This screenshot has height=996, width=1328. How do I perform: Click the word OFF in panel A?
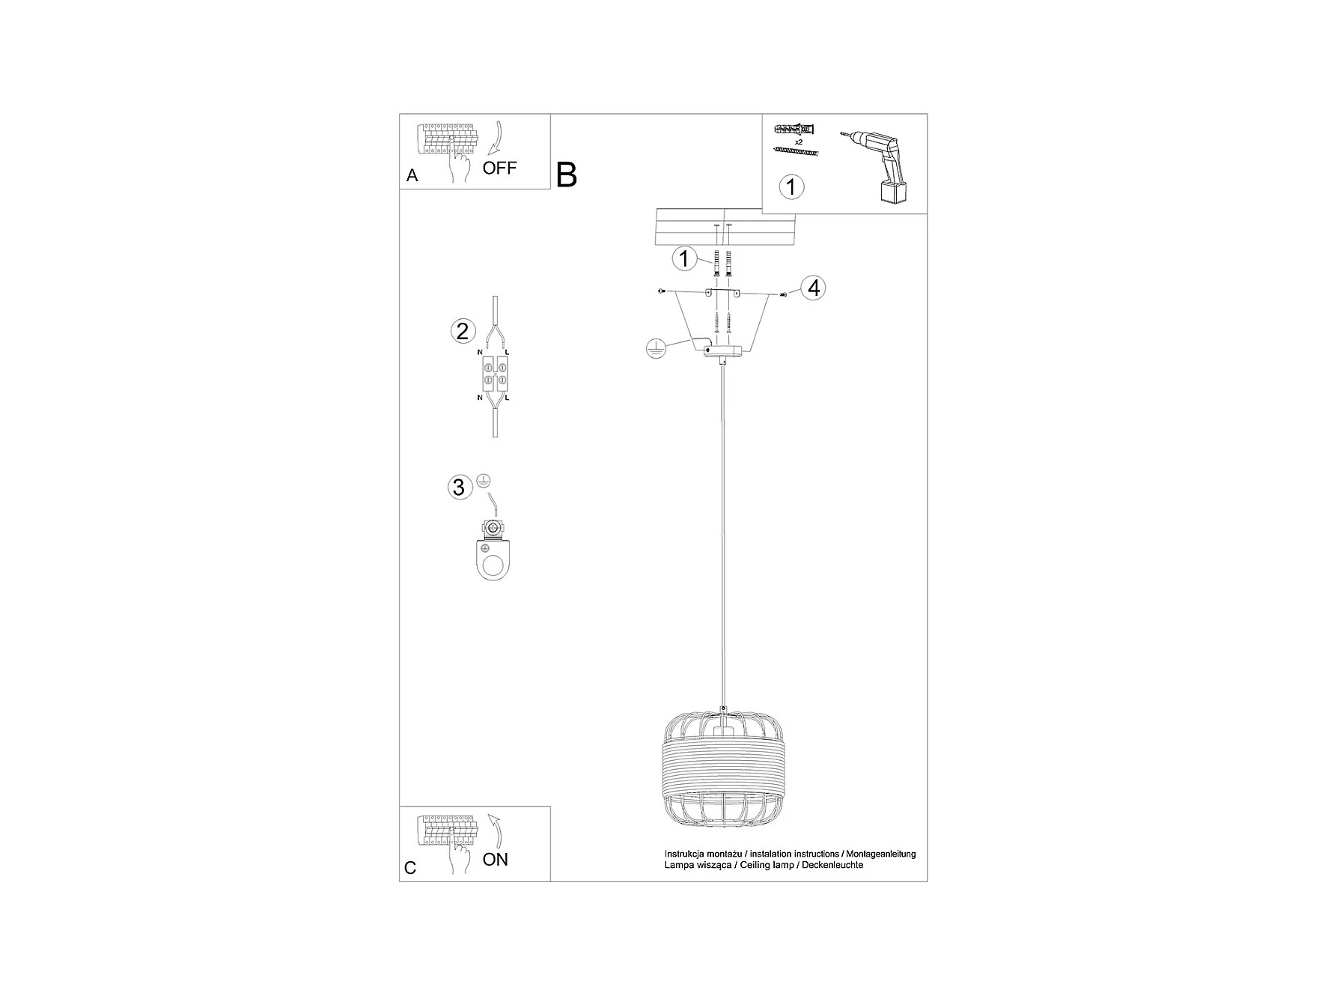(499, 168)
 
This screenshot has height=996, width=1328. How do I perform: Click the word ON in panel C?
(495, 859)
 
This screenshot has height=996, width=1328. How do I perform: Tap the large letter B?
(567, 175)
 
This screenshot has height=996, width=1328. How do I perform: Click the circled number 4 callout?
(814, 288)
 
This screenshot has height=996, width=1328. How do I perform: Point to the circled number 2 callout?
(463, 331)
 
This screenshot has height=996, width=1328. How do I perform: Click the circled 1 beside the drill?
(791, 186)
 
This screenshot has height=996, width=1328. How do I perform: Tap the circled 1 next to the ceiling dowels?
(683, 259)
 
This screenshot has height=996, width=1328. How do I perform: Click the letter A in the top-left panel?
(412, 175)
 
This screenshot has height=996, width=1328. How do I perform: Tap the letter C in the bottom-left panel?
(409, 868)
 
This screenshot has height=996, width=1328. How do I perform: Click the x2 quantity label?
(798, 142)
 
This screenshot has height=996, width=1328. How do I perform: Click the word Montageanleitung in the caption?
(881, 854)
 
